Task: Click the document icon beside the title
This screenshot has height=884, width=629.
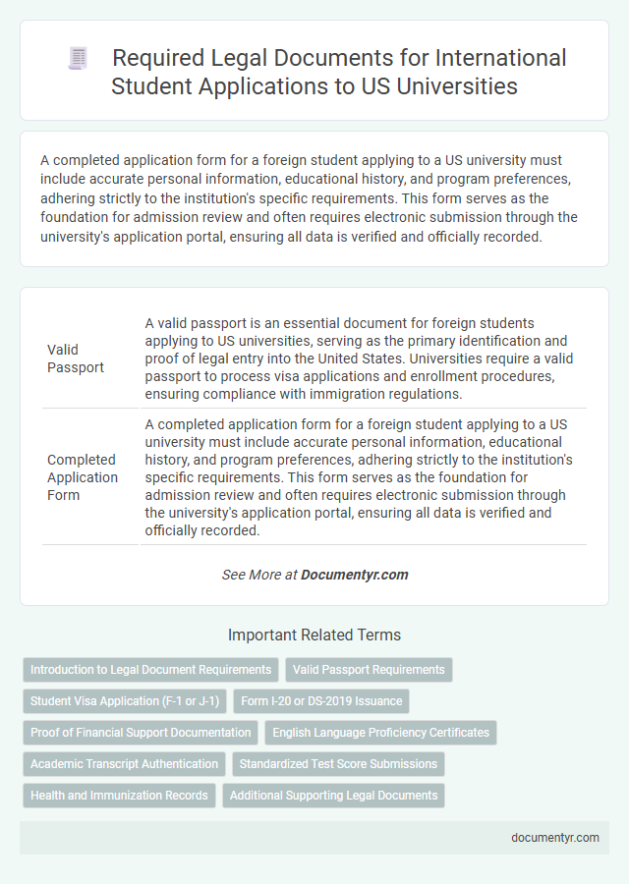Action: [77, 59]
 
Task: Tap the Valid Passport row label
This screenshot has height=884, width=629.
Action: [75, 358]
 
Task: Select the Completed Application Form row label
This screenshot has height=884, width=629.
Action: [83, 477]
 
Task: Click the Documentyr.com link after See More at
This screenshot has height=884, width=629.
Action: [355, 575]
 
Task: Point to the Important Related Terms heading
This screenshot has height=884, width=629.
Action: [314, 635]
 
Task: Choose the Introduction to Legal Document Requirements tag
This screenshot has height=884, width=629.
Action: [150, 670]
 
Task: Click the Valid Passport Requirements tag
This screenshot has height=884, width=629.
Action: [369, 670]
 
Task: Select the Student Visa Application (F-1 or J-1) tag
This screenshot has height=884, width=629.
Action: [125, 701]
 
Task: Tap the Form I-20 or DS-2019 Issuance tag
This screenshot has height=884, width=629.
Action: [320, 701]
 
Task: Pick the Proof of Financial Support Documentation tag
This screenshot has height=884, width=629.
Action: [141, 733]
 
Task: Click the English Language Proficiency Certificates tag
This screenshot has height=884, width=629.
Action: [380, 733]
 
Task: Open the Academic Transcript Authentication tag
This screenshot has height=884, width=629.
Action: [124, 764]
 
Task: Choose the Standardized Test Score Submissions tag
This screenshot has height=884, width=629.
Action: [338, 764]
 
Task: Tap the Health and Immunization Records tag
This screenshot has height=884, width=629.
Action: [119, 796]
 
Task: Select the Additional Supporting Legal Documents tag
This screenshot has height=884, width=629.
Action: [334, 796]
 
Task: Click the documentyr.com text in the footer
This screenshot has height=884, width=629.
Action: [555, 838]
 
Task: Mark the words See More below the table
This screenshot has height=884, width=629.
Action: [251, 575]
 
